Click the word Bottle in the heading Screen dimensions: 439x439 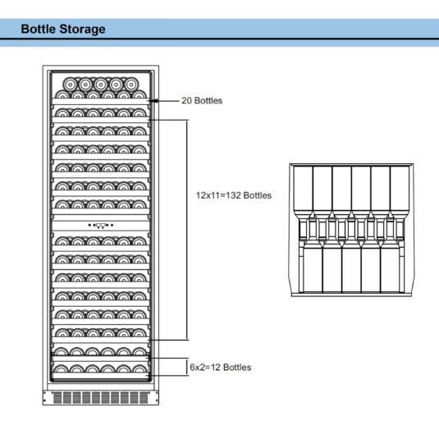38,30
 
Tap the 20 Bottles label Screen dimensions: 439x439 201,101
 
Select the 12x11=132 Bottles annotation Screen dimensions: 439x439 233,195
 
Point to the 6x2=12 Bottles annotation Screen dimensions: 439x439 220,368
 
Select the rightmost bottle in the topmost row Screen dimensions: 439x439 130,84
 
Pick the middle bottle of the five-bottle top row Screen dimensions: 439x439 100,84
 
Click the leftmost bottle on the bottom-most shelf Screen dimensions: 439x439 60,371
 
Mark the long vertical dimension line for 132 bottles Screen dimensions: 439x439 187,230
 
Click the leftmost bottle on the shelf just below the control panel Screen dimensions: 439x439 60,241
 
